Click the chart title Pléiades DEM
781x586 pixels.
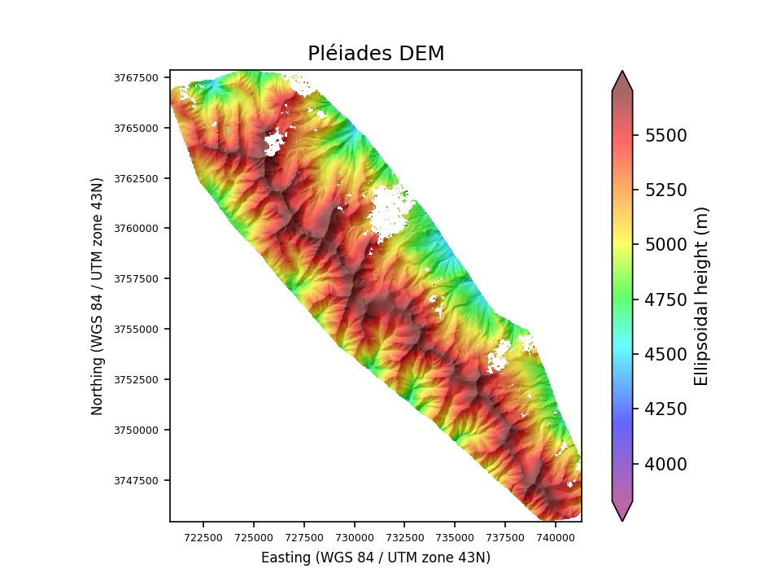pos(376,54)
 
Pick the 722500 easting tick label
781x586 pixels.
pos(203,538)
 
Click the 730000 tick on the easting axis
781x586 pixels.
pos(354,538)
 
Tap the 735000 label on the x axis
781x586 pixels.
pos(455,538)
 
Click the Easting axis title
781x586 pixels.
pos(376,558)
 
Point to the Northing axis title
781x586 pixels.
pos(98,295)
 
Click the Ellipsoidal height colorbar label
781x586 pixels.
pos(701,295)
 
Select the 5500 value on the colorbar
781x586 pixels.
pos(665,135)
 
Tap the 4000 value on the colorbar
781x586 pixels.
pos(665,464)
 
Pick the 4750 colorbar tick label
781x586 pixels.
pos(665,300)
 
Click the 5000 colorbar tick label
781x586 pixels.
pos(665,245)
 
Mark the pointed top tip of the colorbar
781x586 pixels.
pos(622,71)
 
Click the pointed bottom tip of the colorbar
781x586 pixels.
pos(622,520)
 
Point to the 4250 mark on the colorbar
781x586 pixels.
pos(665,409)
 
